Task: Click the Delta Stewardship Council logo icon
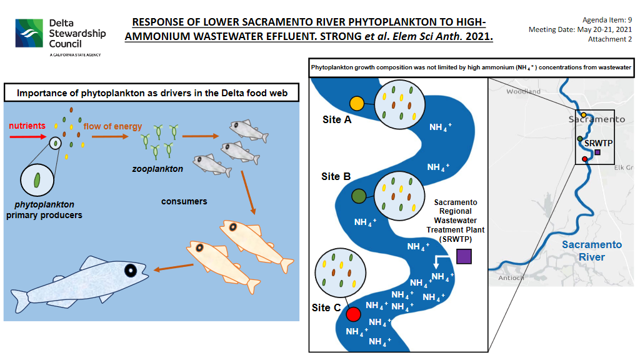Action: click(29, 33)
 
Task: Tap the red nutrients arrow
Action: click(27, 136)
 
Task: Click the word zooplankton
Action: click(157, 169)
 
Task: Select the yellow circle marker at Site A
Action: click(357, 104)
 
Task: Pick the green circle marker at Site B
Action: click(359, 196)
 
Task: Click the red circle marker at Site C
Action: click(354, 314)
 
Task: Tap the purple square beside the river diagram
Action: click(464, 256)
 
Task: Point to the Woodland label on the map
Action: click(523, 91)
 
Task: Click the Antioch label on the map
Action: click(511, 278)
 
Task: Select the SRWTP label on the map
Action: click(598, 143)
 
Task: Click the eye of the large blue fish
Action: click(131, 270)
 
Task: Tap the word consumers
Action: click(184, 201)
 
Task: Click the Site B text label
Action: click(336, 176)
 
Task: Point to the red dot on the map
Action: click(585, 159)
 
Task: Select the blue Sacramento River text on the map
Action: click(592, 251)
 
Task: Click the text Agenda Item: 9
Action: click(607, 20)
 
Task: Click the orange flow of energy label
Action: click(112, 126)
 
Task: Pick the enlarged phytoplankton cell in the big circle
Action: click(37, 180)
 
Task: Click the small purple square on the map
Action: click(597, 152)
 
